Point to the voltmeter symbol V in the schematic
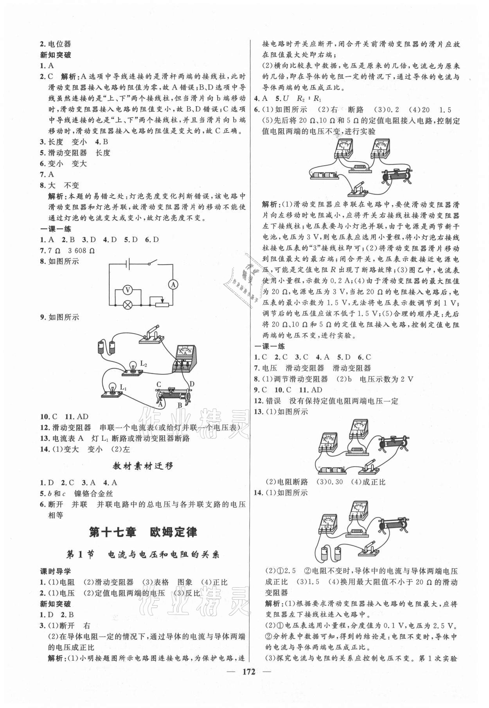point(126,290)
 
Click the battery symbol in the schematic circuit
point(128,264)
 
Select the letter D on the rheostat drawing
point(192,384)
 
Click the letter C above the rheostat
point(159,384)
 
